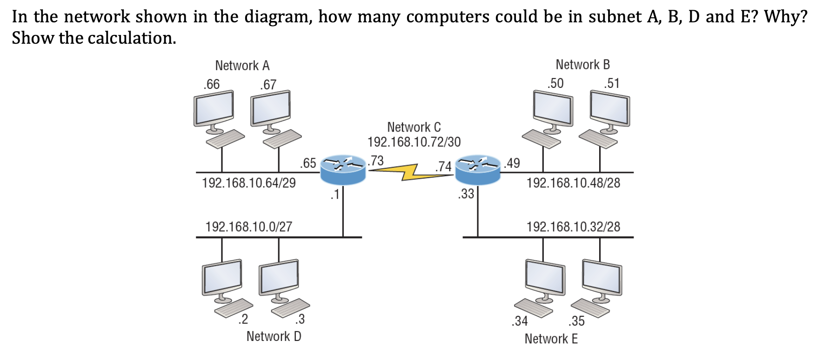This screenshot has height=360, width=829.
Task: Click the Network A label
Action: click(x=242, y=66)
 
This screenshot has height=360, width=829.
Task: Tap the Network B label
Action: click(x=582, y=65)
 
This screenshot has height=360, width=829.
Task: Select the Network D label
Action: click(x=274, y=336)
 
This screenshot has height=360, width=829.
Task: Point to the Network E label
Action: click(x=551, y=339)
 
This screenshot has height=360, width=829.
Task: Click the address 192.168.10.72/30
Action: click(x=414, y=142)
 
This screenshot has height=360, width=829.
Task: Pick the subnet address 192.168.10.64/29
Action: click(x=248, y=183)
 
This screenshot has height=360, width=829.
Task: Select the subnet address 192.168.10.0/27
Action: click(x=248, y=227)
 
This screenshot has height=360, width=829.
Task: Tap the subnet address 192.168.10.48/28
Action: click(x=573, y=183)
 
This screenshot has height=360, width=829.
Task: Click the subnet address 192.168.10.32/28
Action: click(x=573, y=227)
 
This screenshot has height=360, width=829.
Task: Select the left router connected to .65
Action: click(x=343, y=170)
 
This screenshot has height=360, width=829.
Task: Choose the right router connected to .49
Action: click(x=478, y=170)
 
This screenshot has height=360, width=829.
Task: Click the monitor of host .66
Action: click(x=214, y=108)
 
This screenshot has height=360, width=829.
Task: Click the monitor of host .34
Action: click(x=545, y=277)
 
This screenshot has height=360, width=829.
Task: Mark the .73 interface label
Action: click(x=376, y=161)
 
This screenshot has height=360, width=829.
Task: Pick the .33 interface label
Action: click(x=466, y=194)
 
